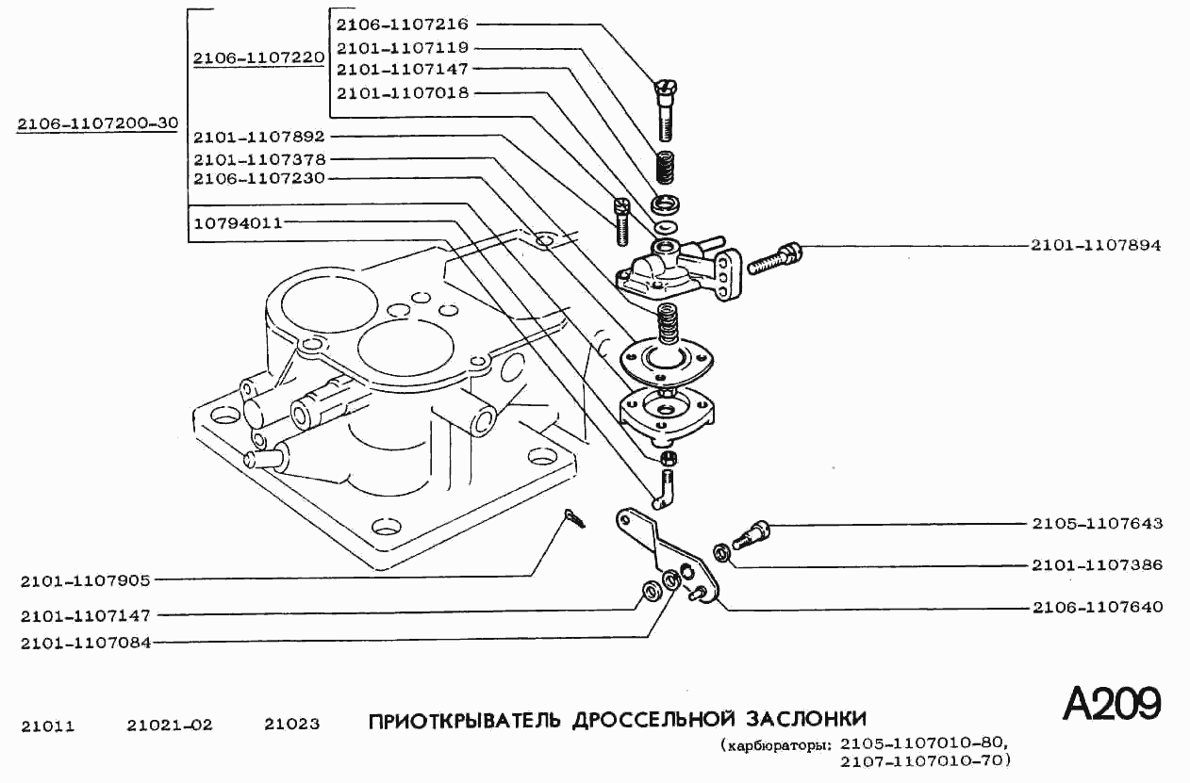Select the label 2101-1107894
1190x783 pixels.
[x=1096, y=246]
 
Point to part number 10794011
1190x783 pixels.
[x=238, y=223]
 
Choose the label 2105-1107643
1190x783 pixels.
[x=1096, y=523]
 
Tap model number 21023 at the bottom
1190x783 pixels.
[x=291, y=726]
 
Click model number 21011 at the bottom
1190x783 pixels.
[x=47, y=726]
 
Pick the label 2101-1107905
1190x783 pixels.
[x=86, y=580]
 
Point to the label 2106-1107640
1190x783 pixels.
[x=1096, y=608]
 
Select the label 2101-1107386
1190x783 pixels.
[x=1096, y=565]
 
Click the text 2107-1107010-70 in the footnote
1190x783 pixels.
[x=923, y=759]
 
